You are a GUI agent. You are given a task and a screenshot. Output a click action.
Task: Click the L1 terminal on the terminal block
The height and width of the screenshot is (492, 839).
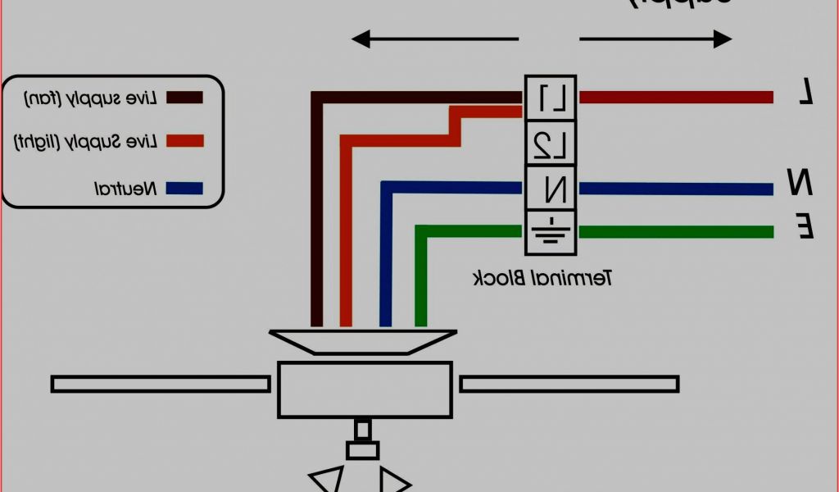(x=551, y=98)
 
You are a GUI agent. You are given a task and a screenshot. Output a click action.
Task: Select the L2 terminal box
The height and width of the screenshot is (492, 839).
(x=551, y=144)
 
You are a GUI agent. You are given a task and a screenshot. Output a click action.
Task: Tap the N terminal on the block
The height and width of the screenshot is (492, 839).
(x=551, y=189)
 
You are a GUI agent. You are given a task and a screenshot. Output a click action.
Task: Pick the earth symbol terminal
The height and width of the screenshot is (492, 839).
(x=551, y=231)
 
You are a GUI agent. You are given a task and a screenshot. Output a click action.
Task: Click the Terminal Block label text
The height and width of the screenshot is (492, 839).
(x=543, y=278)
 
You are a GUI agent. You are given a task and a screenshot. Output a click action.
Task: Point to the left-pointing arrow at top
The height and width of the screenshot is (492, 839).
(x=435, y=39)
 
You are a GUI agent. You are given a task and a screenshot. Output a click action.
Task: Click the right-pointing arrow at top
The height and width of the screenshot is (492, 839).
(x=655, y=39)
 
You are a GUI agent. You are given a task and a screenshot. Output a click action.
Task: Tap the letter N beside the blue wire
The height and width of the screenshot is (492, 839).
(x=800, y=182)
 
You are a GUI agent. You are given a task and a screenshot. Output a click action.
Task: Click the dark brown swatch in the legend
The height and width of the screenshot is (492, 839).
(x=184, y=98)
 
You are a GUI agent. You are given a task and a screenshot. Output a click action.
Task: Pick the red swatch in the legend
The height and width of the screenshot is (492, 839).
(x=184, y=141)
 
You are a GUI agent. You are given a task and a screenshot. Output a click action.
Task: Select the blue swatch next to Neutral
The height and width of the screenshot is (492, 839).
(x=184, y=188)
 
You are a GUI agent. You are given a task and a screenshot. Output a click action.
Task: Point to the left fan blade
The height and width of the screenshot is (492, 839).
(x=161, y=384)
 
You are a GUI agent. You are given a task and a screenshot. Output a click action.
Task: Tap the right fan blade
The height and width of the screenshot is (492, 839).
(x=569, y=384)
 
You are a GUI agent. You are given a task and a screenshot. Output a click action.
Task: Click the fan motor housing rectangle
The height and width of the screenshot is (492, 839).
(x=364, y=389)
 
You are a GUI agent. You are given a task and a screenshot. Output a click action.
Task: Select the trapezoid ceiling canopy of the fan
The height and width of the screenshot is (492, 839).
(x=364, y=341)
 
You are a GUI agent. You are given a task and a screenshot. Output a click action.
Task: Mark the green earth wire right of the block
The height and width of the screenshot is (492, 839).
(x=676, y=232)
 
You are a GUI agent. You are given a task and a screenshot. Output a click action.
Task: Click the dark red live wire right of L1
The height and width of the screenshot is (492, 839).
(x=676, y=98)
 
